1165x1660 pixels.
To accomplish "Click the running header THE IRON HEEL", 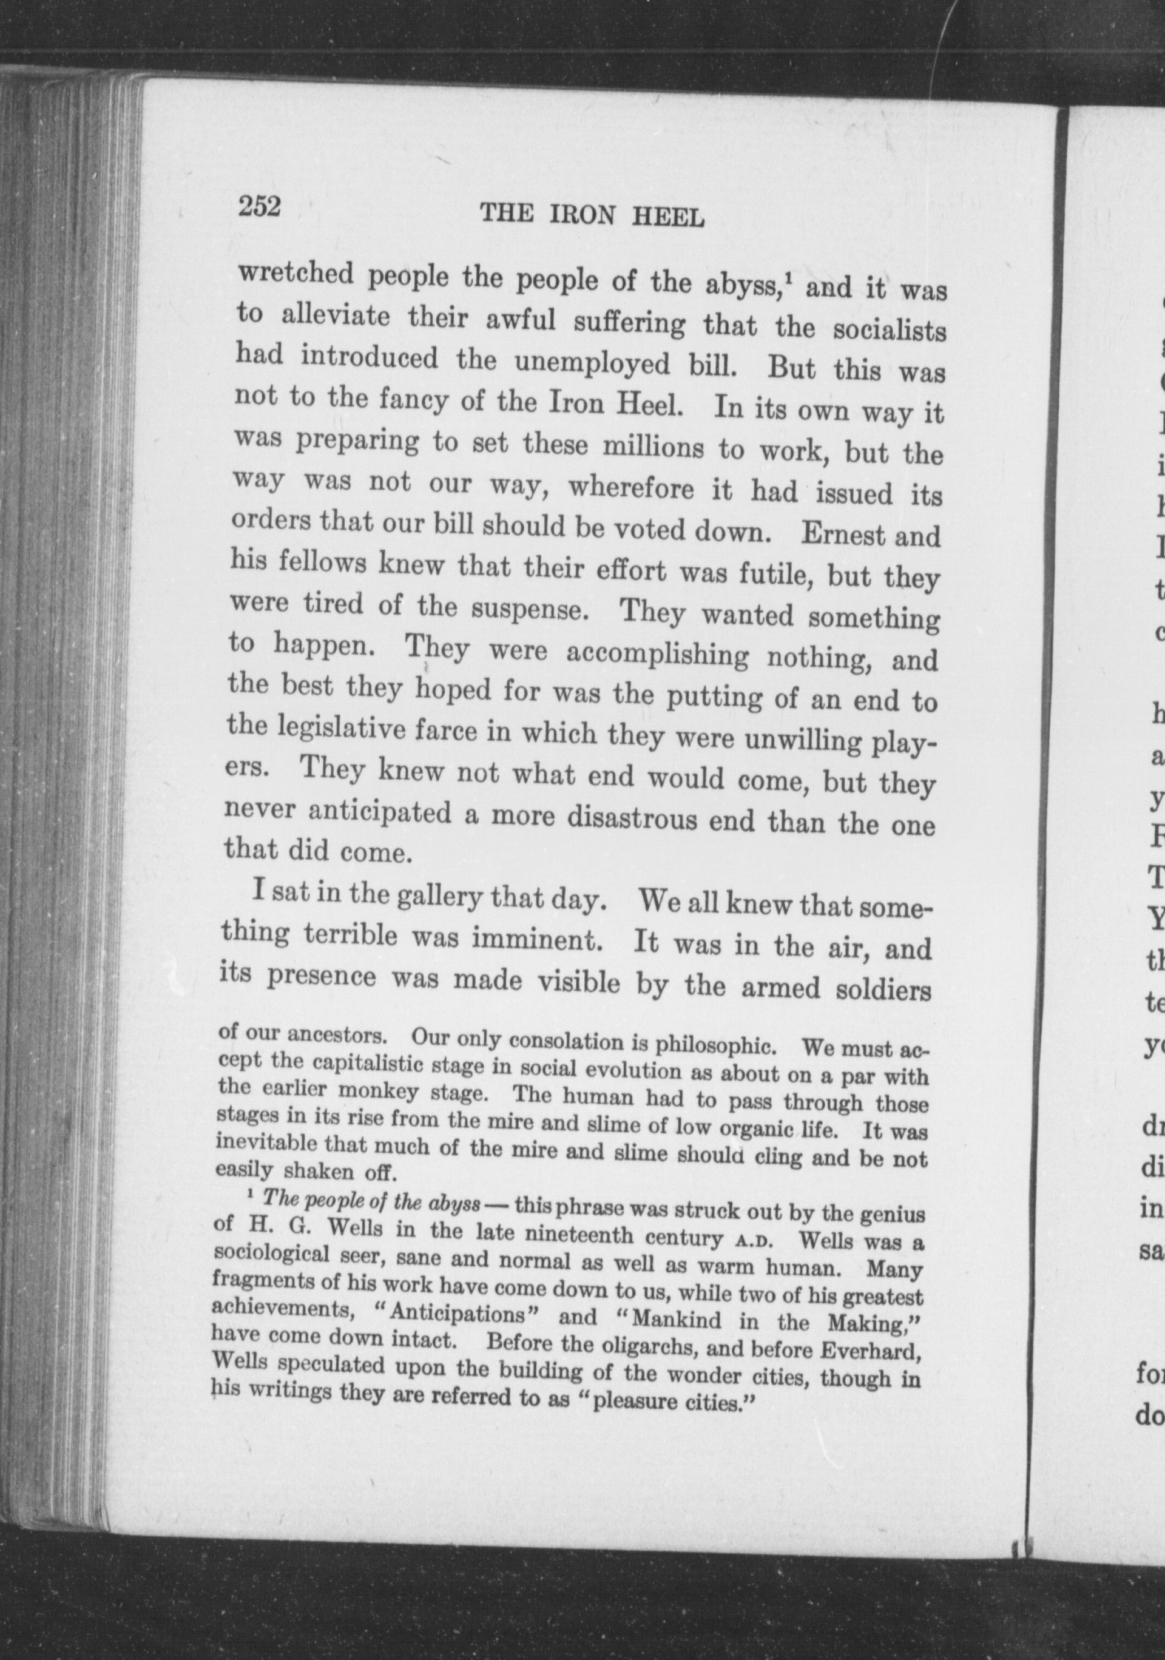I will click(592, 215).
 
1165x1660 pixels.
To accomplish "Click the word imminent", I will click(538, 939).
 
